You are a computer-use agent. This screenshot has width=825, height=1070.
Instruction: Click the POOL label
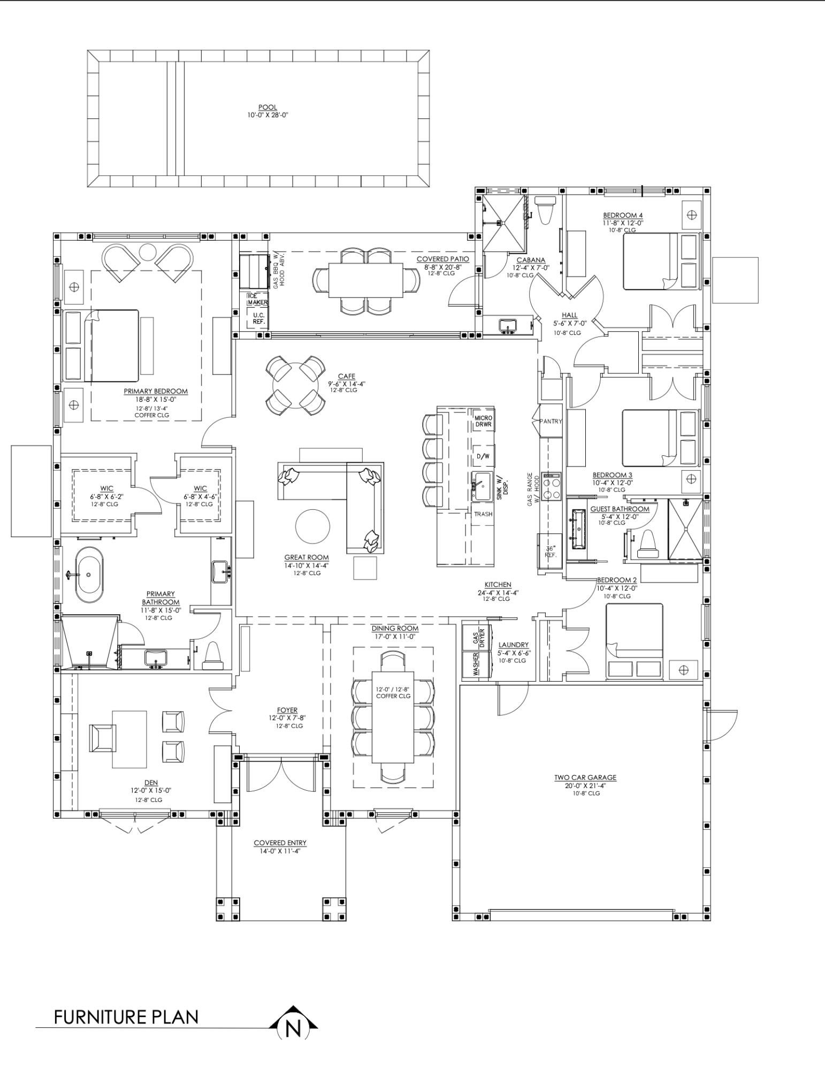click(268, 108)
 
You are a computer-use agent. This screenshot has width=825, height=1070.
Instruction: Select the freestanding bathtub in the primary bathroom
click(89, 575)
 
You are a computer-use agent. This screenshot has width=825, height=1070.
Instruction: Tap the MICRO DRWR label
click(483, 421)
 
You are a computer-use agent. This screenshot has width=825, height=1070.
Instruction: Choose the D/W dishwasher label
click(483, 456)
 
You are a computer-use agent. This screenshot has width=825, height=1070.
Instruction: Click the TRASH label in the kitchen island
click(483, 514)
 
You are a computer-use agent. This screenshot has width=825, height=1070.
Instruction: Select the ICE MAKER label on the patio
click(257, 299)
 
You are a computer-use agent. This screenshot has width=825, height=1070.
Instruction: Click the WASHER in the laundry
click(476, 663)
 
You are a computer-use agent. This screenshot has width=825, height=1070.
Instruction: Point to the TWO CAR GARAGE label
click(585, 777)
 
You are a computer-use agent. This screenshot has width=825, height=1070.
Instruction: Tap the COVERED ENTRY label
click(280, 843)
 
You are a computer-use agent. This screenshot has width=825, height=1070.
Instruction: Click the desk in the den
click(129, 739)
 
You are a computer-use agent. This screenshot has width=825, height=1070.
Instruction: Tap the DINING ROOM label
click(395, 628)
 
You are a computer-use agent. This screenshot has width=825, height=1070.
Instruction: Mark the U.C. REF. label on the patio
click(259, 318)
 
